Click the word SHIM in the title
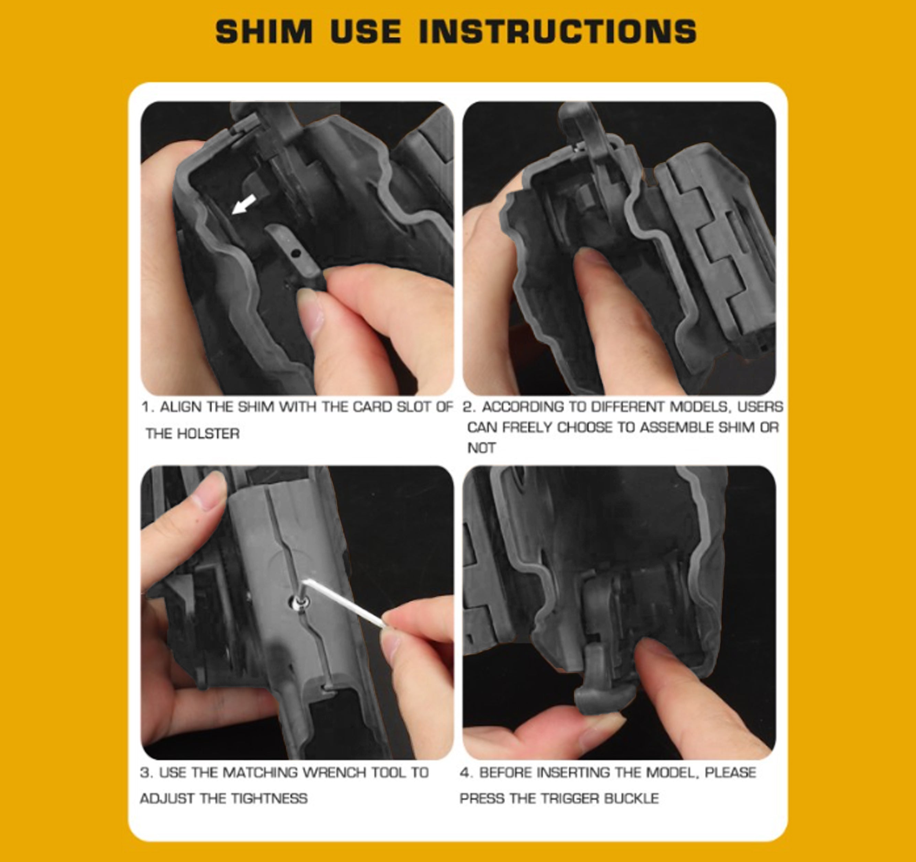click(x=264, y=32)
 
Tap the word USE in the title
click(x=366, y=32)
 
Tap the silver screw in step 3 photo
click(x=299, y=602)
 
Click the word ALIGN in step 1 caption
click(x=181, y=407)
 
